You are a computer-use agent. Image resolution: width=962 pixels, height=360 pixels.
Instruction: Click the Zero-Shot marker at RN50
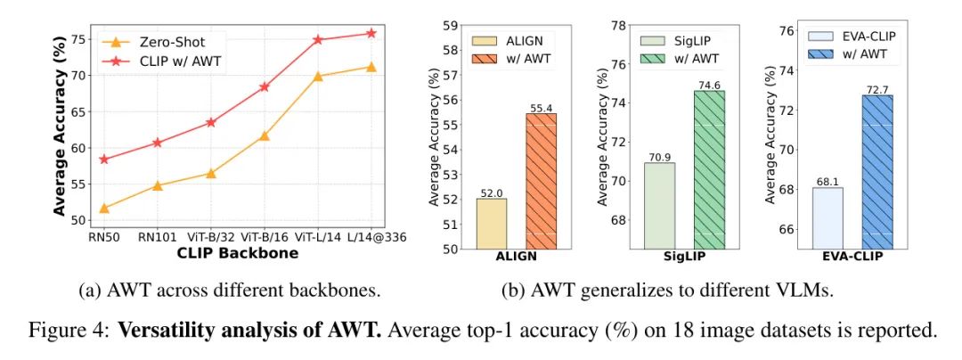[x=104, y=209]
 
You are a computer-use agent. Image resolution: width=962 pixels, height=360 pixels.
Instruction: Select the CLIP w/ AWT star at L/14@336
[x=371, y=34]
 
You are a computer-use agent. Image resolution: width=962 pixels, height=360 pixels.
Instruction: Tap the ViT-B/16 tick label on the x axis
[x=265, y=237]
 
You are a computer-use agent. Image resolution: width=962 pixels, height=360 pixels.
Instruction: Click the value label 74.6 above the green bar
[x=709, y=83]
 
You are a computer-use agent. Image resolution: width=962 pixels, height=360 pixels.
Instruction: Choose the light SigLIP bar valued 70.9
[x=659, y=206]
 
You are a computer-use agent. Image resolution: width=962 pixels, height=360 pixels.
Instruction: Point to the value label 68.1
[x=827, y=180]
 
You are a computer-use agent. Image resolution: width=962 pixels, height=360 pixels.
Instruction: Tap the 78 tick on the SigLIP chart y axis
[x=620, y=24]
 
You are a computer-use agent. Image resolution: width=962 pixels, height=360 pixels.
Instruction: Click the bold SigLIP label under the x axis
[x=684, y=257]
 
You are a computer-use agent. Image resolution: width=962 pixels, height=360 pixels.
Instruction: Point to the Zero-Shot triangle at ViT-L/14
[x=318, y=77]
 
